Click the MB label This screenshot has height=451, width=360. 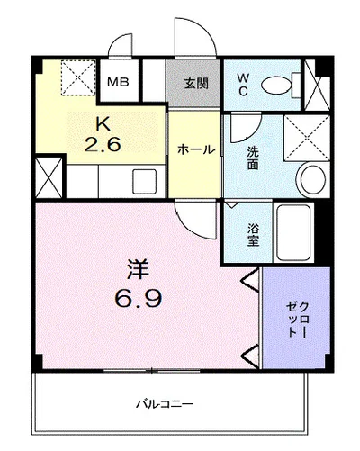click(x=118, y=82)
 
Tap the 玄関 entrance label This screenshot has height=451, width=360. click(x=196, y=84)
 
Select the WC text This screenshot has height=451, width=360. click(x=243, y=85)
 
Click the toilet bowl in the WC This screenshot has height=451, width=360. click(x=276, y=86)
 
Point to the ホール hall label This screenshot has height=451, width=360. click(x=196, y=149)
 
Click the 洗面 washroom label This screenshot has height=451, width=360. click(x=253, y=158)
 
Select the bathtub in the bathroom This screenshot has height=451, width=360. click(x=293, y=232)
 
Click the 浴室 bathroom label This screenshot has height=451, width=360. click(x=254, y=236)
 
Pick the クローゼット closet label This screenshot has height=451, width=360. click(x=297, y=319)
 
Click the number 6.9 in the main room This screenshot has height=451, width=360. click(x=139, y=298)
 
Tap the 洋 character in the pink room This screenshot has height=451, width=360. click(x=139, y=269)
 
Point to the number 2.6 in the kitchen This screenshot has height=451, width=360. click(x=103, y=144)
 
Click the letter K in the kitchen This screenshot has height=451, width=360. click(x=103, y=124)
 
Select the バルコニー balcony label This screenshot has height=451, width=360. click(x=165, y=404)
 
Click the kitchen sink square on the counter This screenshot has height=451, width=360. click(x=145, y=181)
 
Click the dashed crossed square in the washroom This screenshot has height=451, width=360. click(x=307, y=139)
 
